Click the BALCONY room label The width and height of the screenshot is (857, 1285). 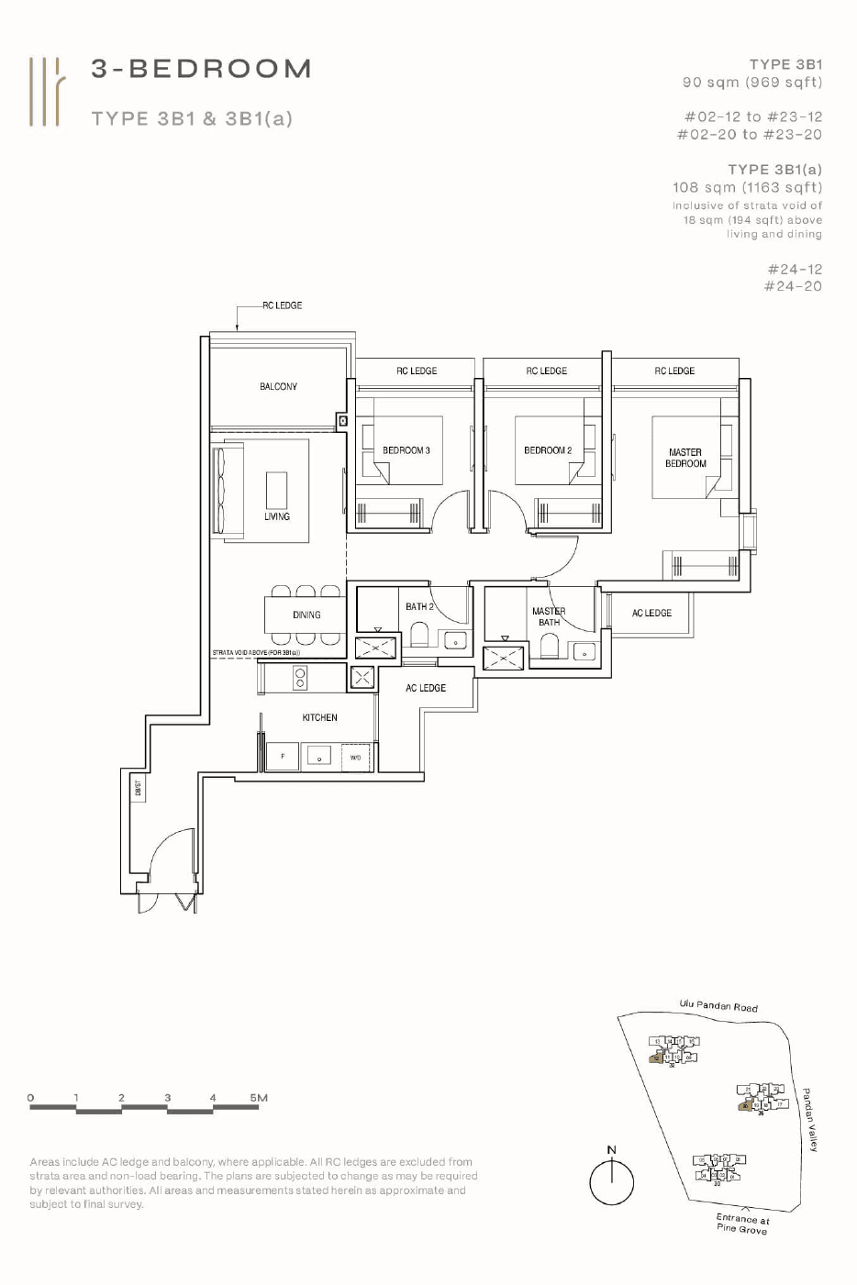pos(278,387)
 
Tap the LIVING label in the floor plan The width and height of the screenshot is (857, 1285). pos(277,516)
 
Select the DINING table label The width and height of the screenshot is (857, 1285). pos(306,615)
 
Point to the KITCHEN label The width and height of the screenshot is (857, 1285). pos(319,717)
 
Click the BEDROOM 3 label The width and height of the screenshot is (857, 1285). pos(406,450)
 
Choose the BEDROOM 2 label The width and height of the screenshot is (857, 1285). pos(547,450)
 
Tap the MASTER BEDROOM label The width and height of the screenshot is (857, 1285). pos(685,458)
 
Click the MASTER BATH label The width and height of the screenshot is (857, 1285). pos(549,616)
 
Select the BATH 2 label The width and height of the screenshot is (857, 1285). pos(419,606)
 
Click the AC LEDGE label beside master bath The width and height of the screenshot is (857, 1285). pos(651,613)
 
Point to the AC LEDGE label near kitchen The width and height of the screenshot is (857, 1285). pos(426,688)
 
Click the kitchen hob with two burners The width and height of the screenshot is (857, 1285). pos(300,678)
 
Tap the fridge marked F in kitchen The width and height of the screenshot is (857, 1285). pos(283,757)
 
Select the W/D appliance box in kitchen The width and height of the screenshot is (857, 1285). pos(355,758)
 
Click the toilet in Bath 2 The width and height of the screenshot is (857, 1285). pos(419,635)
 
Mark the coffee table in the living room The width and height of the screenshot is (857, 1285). pos(276,490)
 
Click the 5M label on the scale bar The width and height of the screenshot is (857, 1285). pos(259,1097)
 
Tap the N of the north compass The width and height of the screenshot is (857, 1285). pos(612,1149)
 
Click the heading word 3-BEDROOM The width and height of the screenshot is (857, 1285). pos(202,69)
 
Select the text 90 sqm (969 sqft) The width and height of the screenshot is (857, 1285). pos(751,83)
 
